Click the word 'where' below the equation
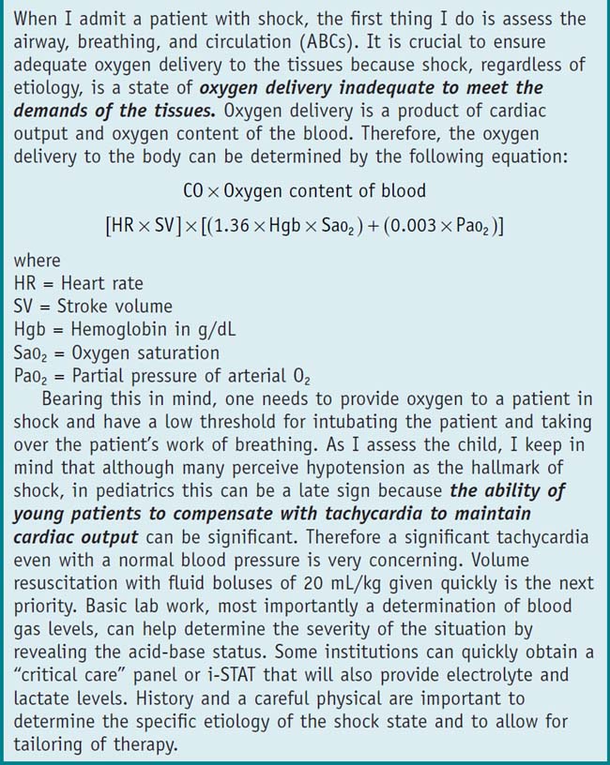[37, 262]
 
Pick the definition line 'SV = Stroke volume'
[94, 306]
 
